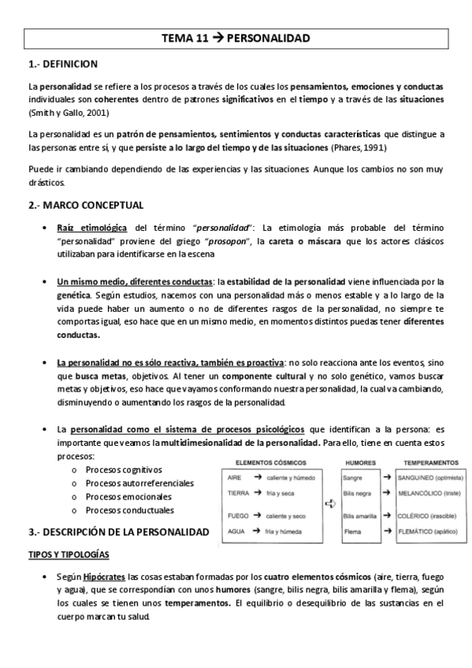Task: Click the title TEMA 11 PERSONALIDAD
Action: click(x=236, y=37)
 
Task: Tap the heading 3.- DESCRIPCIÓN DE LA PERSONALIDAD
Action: click(x=117, y=533)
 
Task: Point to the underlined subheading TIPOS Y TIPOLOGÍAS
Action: click(x=69, y=555)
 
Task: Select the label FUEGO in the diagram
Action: click(x=237, y=516)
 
